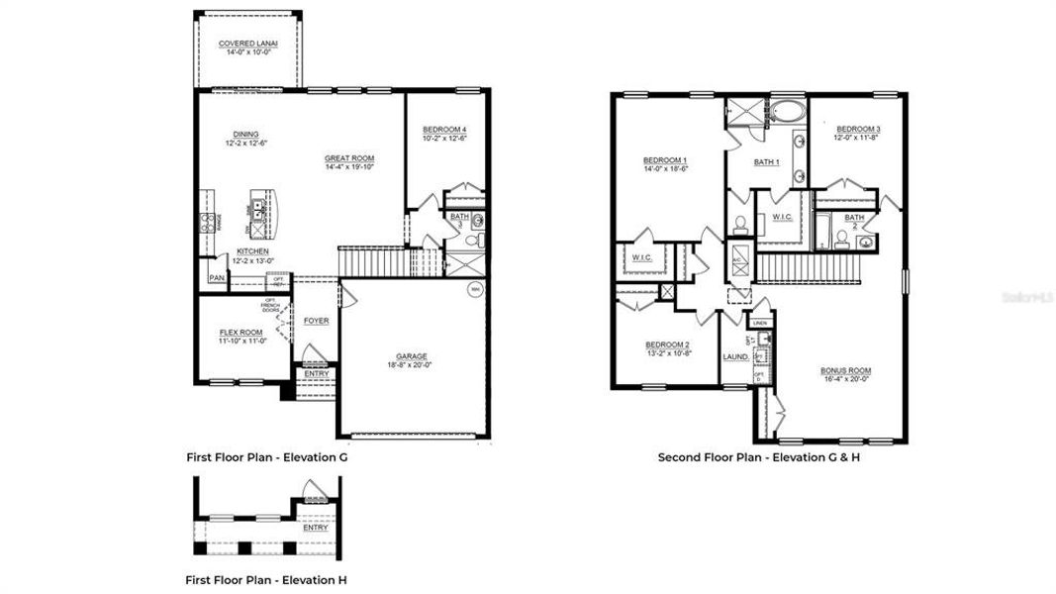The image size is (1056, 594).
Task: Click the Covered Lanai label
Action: tap(247, 44)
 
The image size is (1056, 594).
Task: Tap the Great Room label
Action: tap(349, 158)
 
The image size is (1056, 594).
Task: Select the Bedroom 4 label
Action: tap(445, 130)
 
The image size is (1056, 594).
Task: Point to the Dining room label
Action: tap(245, 135)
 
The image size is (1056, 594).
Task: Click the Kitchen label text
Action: tap(252, 251)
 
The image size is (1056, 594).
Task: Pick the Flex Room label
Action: tap(240, 333)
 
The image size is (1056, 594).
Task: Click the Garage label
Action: tap(411, 356)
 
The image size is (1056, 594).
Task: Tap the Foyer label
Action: tap(316, 321)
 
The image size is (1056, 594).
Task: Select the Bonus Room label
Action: tap(846, 371)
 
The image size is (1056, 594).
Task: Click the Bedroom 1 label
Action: tap(665, 160)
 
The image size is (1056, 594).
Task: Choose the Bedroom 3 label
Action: tap(858, 130)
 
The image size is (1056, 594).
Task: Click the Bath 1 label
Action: tap(767, 162)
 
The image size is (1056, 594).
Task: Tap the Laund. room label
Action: tap(735, 356)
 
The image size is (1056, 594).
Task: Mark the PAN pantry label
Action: tap(217, 278)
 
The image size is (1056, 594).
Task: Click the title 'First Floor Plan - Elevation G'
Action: tap(267, 457)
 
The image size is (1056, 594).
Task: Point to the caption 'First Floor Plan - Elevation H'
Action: tap(266, 579)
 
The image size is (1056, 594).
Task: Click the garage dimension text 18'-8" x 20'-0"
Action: tap(411, 365)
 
